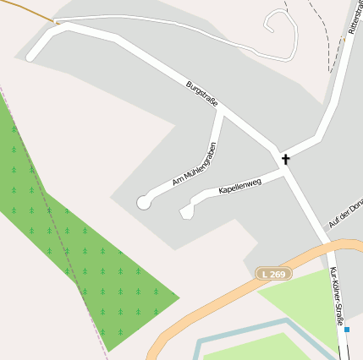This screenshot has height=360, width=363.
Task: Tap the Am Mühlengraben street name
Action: [x=195, y=164]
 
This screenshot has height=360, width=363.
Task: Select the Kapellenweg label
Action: [x=239, y=185]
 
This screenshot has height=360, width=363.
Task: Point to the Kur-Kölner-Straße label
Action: [x=336, y=299]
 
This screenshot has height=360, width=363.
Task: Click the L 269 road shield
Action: [x=273, y=274]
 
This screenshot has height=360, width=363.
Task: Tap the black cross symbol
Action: [x=285, y=158]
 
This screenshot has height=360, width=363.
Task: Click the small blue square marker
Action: [x=346, y=330]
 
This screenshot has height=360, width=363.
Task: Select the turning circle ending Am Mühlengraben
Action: [x=144, y=202]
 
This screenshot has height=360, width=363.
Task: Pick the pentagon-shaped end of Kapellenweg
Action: [x=186, y=211]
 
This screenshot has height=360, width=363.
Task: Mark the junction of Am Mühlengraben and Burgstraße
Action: [x=223, y=111]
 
